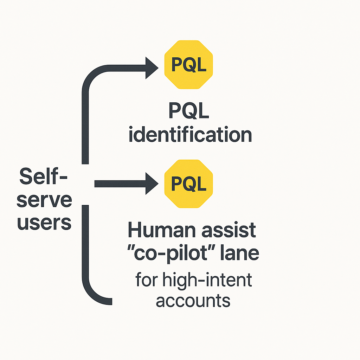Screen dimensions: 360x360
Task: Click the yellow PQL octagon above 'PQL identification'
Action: (x=188, y=64)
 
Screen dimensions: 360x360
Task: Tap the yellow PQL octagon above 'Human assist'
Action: (x=188, y=183)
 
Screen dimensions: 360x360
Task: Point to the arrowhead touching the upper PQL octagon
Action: (x=151, y=65)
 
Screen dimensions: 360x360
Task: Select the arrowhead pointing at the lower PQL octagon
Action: (x=151, y=184)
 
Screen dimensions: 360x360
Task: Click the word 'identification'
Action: (x=190, y=135)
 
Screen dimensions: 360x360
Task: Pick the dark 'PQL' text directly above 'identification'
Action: (x=189, y=111)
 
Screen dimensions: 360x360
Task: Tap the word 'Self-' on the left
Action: (x=43, y=176)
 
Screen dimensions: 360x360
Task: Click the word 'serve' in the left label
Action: (x=44, y=200)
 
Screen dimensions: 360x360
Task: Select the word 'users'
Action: (x=44, y=223)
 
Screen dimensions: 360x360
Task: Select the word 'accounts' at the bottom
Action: (x=193, y=301)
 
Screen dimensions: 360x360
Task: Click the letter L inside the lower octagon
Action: (x=201, y=184)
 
